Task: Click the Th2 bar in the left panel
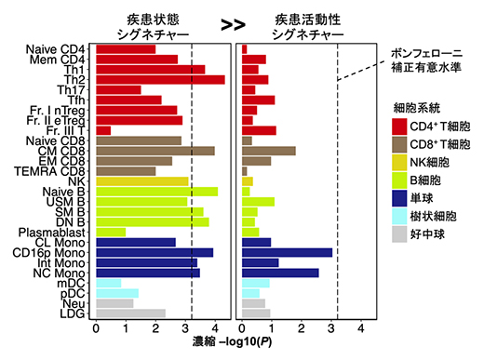point(159,79)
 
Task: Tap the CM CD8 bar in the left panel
point(155,151)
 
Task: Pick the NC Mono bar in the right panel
point(280,273)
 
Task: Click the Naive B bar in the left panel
point(156,192)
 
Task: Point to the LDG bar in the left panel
point(130,313)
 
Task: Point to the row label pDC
point(77,293)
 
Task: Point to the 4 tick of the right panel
point(360,328)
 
